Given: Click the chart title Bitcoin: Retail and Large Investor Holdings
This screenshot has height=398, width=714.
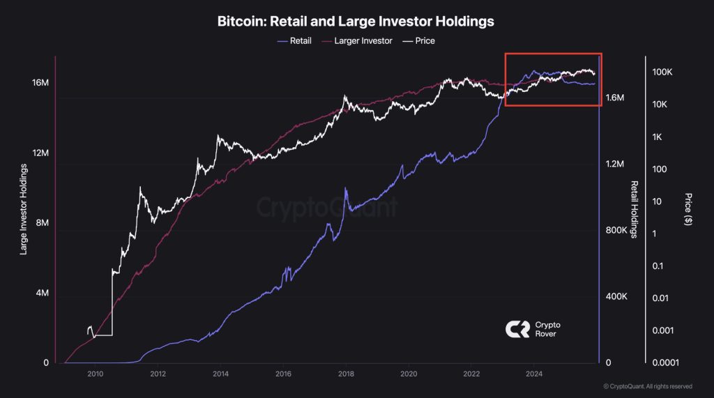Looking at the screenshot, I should [356, 22].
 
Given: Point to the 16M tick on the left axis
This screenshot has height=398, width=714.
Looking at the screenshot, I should [40, 83].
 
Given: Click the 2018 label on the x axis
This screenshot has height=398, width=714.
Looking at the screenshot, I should [346, 374].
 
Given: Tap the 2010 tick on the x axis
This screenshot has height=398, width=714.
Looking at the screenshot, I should [96, 374].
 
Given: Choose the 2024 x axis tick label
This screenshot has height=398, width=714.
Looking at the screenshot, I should [533, 374].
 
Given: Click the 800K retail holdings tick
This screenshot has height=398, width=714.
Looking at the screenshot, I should [618, 231].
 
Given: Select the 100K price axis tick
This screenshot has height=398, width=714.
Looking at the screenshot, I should [662, 72].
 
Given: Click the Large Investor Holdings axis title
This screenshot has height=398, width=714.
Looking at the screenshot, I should [24, 209].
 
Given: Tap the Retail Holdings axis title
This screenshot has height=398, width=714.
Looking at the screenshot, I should [635, 209].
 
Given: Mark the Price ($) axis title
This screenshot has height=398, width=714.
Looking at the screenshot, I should [688, 209].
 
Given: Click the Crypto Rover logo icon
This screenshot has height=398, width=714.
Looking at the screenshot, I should [516, 329].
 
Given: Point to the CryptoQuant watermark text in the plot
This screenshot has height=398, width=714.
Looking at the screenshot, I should [328, 208].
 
